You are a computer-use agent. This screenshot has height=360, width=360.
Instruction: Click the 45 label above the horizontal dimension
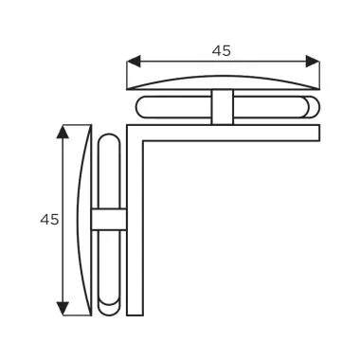222,51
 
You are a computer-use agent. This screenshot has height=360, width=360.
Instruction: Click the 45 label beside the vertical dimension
49,219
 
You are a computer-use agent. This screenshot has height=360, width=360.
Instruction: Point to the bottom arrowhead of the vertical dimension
63,307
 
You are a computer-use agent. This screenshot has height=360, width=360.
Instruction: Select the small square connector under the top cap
222,106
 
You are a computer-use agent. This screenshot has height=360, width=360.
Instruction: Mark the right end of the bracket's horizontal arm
317,133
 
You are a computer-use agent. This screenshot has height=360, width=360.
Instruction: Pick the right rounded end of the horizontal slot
309,105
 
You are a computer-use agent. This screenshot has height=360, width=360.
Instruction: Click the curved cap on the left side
83,220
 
